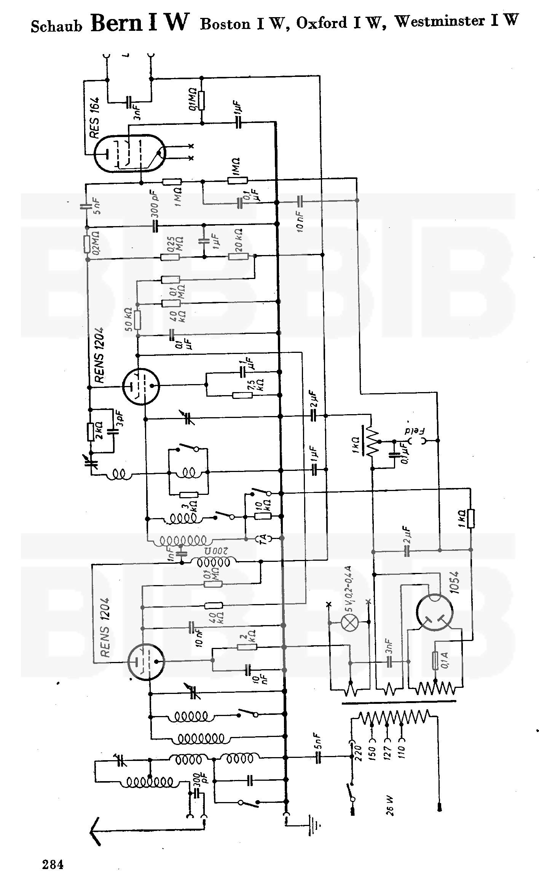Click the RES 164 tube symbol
point(129,153)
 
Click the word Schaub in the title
point(56,26)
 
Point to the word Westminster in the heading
point(440,21)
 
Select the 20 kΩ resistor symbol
point(238,257)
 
